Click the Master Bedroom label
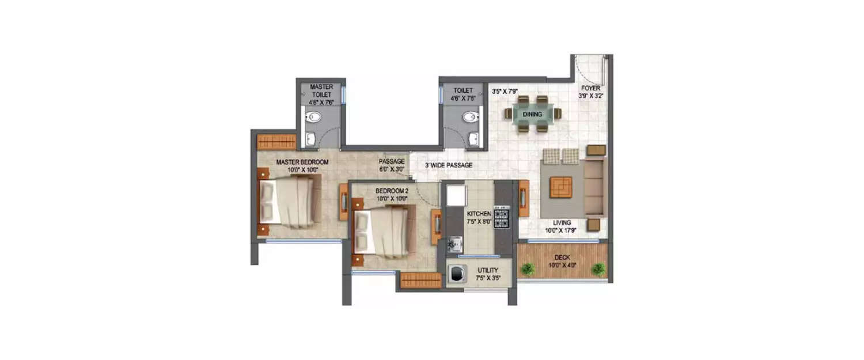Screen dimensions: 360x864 tap(302, 162)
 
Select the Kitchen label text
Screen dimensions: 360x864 tap(479, 214)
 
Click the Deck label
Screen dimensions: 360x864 tap(562, 257)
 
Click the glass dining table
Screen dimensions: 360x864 tap(533, 114)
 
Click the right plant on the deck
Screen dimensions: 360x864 tap(598, 268)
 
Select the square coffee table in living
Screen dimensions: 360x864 tap(560, 187)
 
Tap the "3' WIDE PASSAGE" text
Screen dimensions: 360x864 tap(449, 165)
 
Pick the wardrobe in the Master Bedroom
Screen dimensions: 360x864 tap(276, 141)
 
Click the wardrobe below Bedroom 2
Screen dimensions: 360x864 tap(420, 280)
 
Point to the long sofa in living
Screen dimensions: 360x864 tap(594, 187)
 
